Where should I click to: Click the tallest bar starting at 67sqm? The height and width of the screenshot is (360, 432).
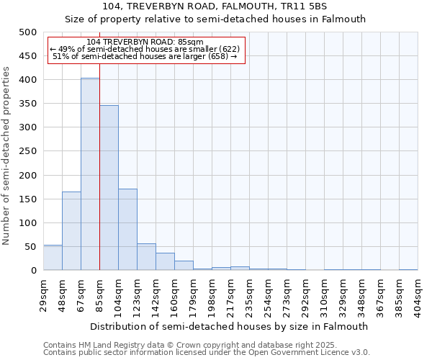90,174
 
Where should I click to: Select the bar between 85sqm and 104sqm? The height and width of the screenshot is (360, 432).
109,188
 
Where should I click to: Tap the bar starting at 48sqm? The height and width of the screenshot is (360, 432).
71,231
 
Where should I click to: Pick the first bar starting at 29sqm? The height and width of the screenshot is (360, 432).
53,258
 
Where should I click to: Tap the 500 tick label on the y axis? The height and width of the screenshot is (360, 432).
28,32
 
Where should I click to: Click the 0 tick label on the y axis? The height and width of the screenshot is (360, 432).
34,271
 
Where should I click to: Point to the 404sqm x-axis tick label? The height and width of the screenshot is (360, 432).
418,294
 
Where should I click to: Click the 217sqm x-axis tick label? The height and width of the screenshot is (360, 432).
230,294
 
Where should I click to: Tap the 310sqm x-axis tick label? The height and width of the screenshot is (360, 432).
324,294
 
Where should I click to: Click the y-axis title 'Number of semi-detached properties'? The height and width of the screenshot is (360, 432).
6,156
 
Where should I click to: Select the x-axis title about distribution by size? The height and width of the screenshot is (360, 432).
230,326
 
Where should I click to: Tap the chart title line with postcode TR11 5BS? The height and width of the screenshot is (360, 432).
215,6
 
